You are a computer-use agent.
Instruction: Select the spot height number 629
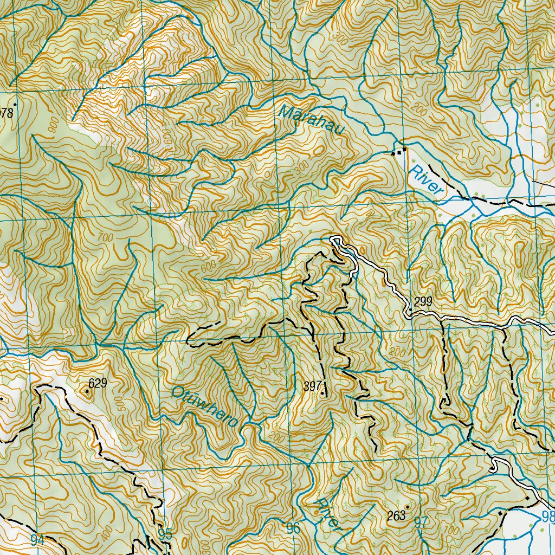98,384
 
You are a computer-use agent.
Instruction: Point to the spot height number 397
313,386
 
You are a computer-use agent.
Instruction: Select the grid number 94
37,539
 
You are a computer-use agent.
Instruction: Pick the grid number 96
293,527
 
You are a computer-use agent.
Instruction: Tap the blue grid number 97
421,522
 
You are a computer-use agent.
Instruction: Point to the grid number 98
547,517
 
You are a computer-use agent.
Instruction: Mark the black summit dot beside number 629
87,390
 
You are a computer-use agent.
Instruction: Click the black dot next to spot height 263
407,507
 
